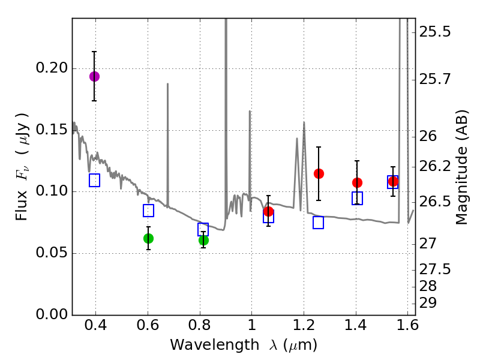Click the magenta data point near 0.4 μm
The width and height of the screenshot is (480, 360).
tap(94, 76)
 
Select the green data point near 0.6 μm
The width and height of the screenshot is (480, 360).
tap(148, 238)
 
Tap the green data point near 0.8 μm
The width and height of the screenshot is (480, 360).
tap(203, 240)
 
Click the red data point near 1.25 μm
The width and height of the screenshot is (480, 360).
tap(319, 173)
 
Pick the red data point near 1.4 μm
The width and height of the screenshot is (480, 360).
tap(357, 182)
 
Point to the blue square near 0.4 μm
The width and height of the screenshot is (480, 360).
tap(94, 180)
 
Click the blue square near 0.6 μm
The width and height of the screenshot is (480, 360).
tap(148, 211)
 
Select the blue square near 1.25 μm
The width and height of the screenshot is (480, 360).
tap(319, 223)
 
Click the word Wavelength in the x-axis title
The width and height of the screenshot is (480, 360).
tap(205, 345)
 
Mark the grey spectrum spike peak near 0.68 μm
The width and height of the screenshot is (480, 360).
tap(167, 85)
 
